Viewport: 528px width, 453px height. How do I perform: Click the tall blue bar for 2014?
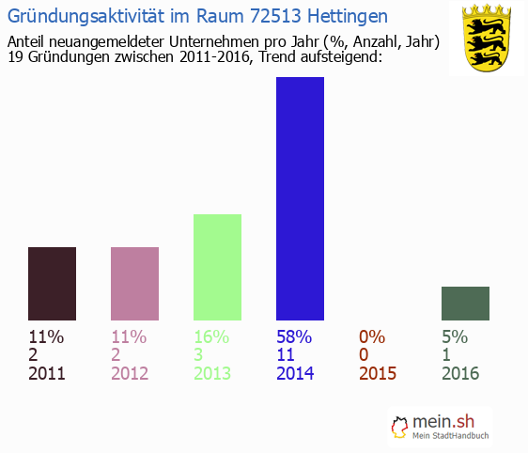(x=300, y=198)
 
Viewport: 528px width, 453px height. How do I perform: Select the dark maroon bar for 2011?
(x=52, y=283)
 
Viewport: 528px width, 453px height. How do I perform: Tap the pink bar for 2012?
(x=134, y=283)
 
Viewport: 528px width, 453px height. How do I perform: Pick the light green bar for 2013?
(x=217, y=267)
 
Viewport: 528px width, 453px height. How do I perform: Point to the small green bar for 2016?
(x=465, y=303)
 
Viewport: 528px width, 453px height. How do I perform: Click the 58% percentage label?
(x=294, y=336)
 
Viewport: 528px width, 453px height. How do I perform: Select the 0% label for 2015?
(x=373, y=336)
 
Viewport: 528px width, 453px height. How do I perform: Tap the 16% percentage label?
(x=211, y=336)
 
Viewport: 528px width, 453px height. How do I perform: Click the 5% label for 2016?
(x=455, y=336)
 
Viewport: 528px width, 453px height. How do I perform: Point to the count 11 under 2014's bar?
(x=287, y=354)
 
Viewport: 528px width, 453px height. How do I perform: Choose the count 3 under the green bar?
(x=199, y=354)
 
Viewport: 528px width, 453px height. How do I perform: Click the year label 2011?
(x=47, y=373)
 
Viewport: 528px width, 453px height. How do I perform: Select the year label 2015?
(x=378, y=373)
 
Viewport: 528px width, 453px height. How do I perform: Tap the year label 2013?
(x=212, y=373)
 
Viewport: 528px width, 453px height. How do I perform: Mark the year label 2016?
(x=460, y=373)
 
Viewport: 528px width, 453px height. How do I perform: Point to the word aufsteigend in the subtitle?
(x=336, y=58)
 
